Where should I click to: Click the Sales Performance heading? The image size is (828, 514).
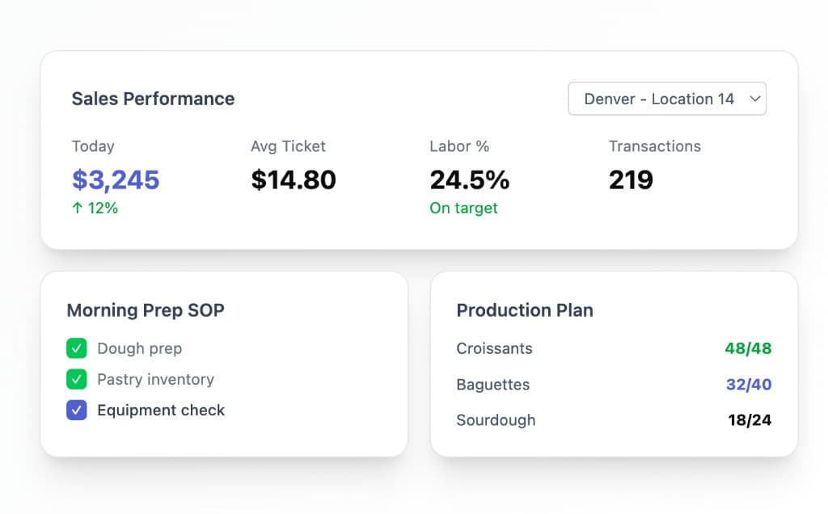coord(153,99)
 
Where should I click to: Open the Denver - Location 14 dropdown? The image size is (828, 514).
coord(667,99)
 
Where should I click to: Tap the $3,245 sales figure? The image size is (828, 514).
coord(116,179)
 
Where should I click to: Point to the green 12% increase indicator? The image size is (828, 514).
coord(95,208)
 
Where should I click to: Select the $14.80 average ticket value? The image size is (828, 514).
coord(294,179)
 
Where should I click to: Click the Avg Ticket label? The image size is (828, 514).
coord(288,146)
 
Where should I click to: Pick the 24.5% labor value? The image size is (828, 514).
coord(469,179)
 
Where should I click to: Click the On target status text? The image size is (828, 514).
coord(463,208)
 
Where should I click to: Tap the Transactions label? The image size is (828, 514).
coord(654,146)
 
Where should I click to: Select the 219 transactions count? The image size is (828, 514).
coord(631,179)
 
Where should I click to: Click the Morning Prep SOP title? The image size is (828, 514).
coord(146,310)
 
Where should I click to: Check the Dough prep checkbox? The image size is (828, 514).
coord(77,348)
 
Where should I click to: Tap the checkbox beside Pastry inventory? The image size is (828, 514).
coord(77,379)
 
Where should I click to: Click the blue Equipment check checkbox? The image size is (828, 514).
coord(77,410)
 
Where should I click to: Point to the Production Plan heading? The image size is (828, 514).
coord(525,310)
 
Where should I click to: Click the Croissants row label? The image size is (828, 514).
coord(494,348)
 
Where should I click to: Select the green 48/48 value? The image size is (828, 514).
coord(748,348)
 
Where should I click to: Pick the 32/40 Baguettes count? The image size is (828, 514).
coord(748,384)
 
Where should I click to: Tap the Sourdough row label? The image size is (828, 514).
coord(496,420)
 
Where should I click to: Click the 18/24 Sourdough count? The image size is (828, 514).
coord(750,420)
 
